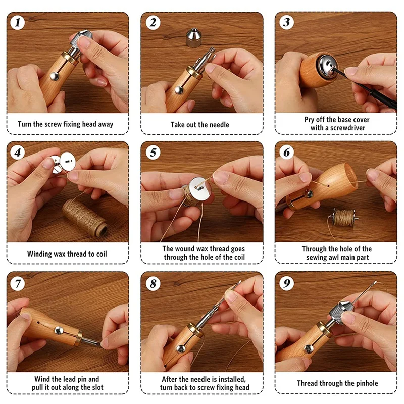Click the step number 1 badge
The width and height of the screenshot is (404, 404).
coord(18,22)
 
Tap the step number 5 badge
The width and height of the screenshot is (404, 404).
coord(153,153)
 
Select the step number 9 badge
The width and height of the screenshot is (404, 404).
coord(286,283)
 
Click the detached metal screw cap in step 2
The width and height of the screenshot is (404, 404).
coord(194,38)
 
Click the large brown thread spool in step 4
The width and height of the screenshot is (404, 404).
coord(85,217)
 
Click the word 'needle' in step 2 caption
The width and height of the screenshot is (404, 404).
coord(219,125)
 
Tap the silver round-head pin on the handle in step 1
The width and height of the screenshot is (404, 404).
coord(55,76)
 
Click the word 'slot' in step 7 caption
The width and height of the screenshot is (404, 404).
coord(97,387)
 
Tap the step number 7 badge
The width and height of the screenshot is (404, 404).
coord(18,284)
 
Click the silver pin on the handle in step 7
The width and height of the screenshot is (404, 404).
coord(59,330)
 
